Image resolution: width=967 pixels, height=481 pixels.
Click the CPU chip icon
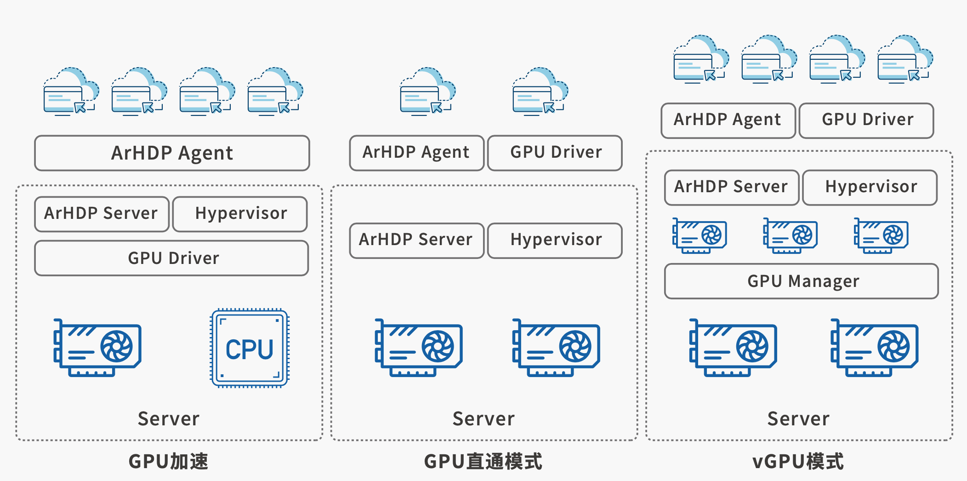[250, 348]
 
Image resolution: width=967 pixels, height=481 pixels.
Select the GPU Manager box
[802, 281]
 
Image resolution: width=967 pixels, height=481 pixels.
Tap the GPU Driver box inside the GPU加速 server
[171, 258]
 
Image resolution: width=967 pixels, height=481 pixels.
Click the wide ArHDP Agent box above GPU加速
[172, 153]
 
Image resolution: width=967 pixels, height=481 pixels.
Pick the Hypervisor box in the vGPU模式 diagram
[870, 187]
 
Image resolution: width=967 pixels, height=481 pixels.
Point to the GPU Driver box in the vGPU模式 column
[867, 120]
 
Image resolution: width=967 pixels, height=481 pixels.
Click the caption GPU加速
[168, 461]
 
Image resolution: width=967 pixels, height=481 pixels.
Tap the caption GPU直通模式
[483, 461]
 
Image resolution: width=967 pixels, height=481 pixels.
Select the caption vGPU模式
[798, 461]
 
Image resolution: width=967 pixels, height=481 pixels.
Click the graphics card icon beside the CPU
[97, 348]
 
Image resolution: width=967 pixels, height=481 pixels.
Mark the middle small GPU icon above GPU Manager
[790, 235]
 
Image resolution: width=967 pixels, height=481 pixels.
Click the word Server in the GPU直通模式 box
[483, 418]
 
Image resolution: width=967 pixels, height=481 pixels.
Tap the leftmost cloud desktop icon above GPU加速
[71, 92]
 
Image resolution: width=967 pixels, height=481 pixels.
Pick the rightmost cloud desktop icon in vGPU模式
[905, 59]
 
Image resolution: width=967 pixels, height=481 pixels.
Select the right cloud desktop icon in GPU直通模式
[540, 92]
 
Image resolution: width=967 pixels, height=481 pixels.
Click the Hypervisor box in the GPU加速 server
[240, 214]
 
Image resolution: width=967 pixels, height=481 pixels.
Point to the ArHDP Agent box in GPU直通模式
[416, 153]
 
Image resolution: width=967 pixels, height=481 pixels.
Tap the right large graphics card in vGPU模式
[875, 348]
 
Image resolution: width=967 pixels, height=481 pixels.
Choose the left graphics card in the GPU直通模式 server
[419, 348]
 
